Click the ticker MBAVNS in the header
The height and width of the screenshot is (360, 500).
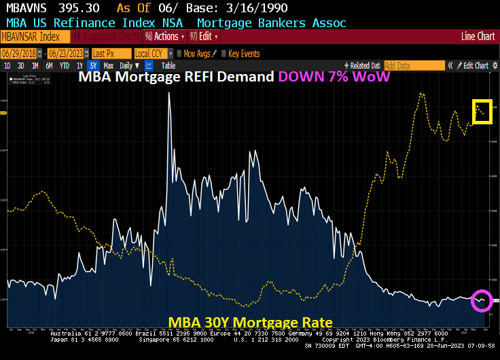pos(26,8)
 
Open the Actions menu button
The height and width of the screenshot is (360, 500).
pos(163,36)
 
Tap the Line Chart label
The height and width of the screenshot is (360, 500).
pos(478,36)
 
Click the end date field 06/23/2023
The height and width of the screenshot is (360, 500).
pos(66,53)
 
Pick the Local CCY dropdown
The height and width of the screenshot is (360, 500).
pos(151,53)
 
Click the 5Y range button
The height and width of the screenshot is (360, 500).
pos(93,65)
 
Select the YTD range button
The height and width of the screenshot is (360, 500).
pos(65,65)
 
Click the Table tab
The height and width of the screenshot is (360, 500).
pos(168,65)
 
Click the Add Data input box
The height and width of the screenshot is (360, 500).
pos(413,65)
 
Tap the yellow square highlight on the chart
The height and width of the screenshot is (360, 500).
pos(482,111)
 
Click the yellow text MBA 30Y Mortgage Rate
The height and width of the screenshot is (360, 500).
pos(250,321)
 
